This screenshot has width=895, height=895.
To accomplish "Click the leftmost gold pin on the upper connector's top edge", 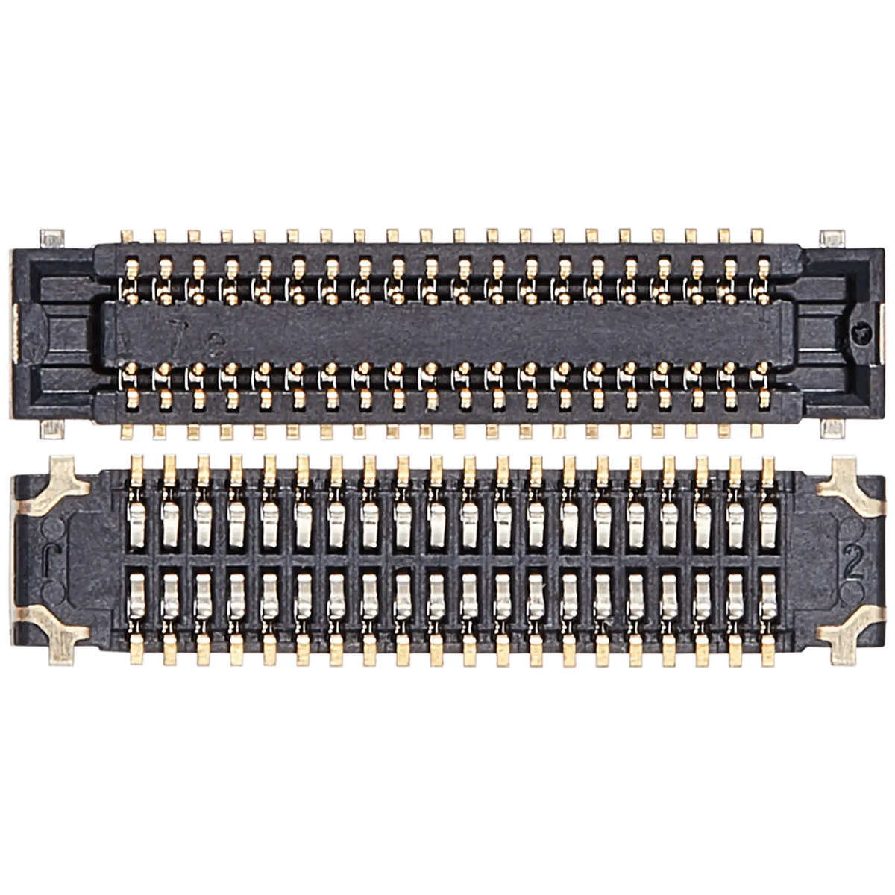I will (125, 234).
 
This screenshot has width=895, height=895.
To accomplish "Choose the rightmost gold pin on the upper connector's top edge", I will (758, 234).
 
